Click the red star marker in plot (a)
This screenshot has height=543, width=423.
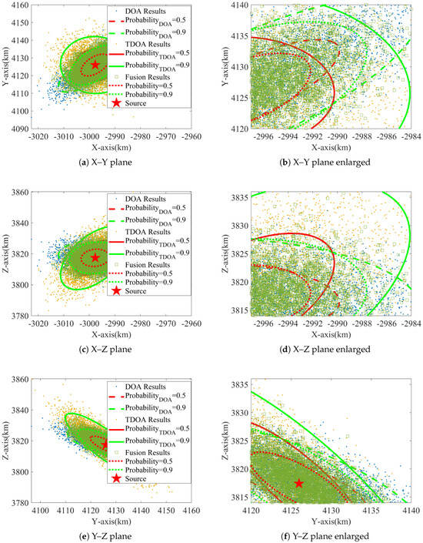click(95, 65)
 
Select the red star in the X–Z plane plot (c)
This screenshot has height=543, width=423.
click(95, 257)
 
